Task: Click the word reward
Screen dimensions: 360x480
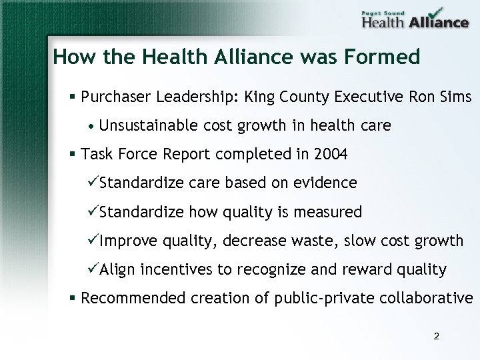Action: point(369,269)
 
